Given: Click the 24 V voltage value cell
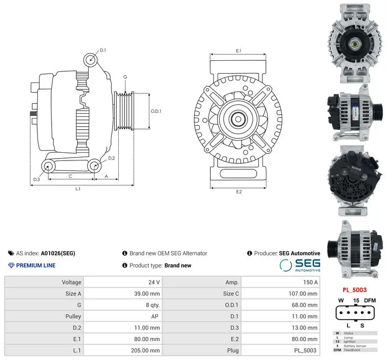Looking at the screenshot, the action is pyautogui.click(x=154, y=282).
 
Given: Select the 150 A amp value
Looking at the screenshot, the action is pyautogui.click(x=310, y=282).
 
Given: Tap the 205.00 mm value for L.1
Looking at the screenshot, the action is pyautogui.click(x=145, y=350).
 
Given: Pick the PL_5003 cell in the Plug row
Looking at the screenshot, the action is pyautogui.click(x=305, y=350).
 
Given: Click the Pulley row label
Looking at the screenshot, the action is pyautogui.click(x=73, y=316).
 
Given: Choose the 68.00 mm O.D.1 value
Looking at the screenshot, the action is pyautogui.click(x=304, y=305).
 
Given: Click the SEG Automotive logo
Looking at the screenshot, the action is pyautogui.click(x=300, y=265).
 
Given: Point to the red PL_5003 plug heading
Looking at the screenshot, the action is pyautogui.click(x=355, y=290).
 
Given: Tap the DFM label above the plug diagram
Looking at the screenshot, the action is pyautogui.click(x=370, y=300).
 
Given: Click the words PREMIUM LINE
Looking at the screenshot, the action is pyautogui.click(x=36, y=266).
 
